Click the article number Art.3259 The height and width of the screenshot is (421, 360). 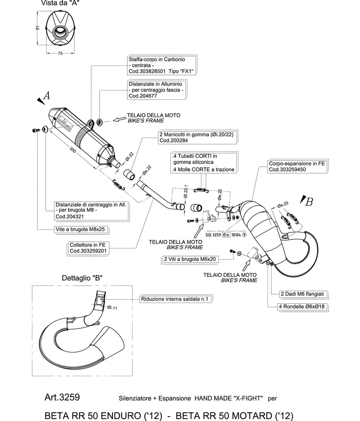coord(62,397)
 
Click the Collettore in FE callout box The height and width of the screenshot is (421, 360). coord(88,248)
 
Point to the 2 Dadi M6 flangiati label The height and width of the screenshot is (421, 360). coord(303,294)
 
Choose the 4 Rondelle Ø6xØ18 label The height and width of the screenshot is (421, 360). coord(303,307)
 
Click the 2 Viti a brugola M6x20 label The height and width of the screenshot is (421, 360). coord(196,259)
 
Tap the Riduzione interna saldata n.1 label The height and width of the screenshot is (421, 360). coord(176,299)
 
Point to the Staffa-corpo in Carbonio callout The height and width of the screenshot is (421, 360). coord(161,65)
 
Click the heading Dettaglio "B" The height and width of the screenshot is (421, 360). coord(82,278)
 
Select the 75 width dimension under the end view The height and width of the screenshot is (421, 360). coord(60,53)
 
